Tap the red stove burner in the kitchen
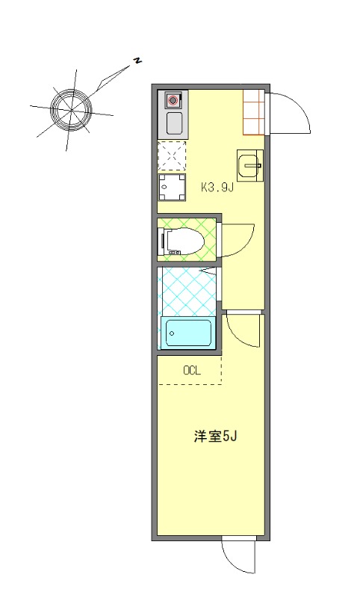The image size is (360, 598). (173, 99)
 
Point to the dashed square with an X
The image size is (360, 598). (172, 156)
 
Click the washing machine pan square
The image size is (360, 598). (172, 187)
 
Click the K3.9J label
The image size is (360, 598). (217, 188)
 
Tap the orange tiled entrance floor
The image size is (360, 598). (254, 111)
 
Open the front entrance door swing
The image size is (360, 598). (288, 116)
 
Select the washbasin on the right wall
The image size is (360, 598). (249, 165)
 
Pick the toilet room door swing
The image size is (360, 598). (238, 241)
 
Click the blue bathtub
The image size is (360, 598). (187, 333)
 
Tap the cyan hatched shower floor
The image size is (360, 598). (187, 290)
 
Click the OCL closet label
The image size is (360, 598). (192, 370)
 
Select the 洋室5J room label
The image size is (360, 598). (215, 437)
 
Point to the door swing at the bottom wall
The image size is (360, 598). (239, 557)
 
